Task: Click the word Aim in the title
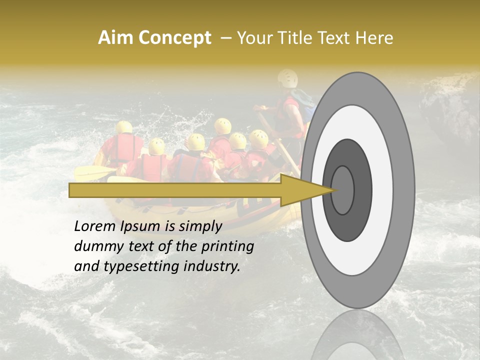click(x=115, y=38)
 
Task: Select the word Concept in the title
click(x=173, y=38)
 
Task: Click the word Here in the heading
click(x=374, y=38)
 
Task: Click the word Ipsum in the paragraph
click(x=141, y=226)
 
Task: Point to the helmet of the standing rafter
click(x=288, y=77)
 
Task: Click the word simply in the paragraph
click(x=200, y=226)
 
